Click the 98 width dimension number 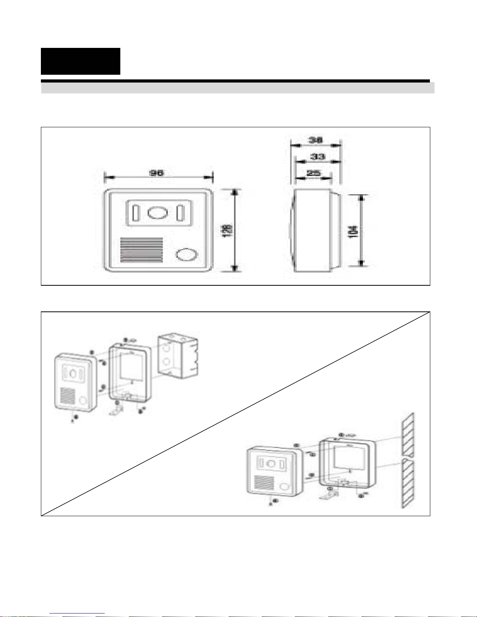157,173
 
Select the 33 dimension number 317,156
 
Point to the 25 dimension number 313,173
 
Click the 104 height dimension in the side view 353,231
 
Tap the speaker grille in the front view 142,250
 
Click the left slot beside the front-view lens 136,213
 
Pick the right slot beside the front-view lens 180,213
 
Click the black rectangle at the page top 81,61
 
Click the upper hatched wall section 408,434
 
